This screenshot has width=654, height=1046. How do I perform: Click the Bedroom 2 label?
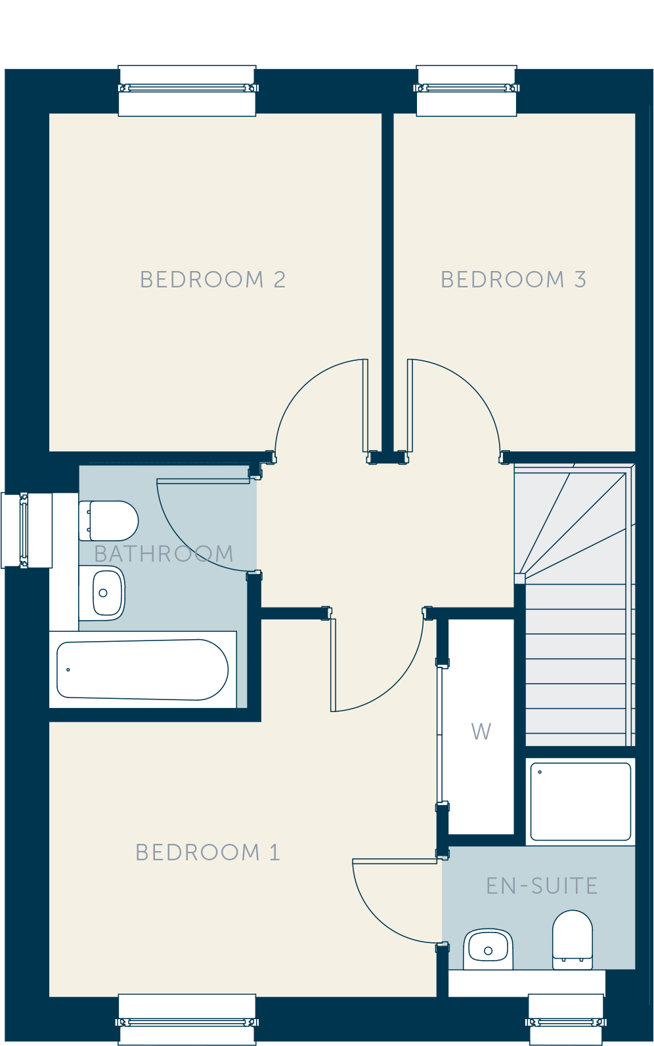(213, 280)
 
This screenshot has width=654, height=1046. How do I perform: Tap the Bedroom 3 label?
(513, 280)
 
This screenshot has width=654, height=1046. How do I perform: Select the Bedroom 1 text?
(207, 852)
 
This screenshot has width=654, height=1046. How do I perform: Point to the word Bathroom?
(163, 554)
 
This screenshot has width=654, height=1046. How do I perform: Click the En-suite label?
(542, 886)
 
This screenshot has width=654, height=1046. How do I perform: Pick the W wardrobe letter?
(481, 731)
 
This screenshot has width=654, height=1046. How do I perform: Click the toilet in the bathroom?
(108, 520)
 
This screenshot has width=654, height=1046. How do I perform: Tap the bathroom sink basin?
(102, 593)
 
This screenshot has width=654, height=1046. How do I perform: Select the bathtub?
(142, 669)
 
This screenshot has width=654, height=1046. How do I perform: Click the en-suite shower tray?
(580, 801)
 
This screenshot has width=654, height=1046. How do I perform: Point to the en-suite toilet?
(573, 940)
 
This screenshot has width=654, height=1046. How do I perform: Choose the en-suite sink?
(488, 949)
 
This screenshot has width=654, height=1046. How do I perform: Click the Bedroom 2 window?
(187, 90)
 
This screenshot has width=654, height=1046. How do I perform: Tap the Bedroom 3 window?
(466, 90)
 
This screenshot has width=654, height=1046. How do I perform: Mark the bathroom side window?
(27, 530)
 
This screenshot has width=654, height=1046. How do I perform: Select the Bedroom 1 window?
(187, 1020)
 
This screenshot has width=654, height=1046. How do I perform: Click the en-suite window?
(566, 1020)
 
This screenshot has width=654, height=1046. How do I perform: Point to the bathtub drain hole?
(68, 669)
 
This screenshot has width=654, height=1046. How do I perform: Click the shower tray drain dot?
(540, 772)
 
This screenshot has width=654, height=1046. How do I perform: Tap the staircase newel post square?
(519, 579)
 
